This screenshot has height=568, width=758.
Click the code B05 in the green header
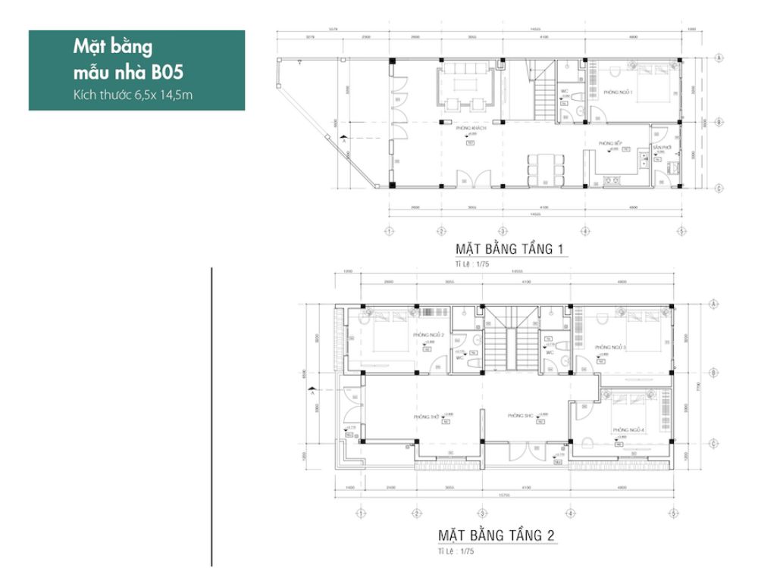click(168, 73)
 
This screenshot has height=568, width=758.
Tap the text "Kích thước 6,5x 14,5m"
click(136, 95)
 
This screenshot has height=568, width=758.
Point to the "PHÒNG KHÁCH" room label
click(471, 130)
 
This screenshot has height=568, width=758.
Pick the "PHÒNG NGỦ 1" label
click(618, 92)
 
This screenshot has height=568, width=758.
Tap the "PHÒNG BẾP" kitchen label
click(610, 142)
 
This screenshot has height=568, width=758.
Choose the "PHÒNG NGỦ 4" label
click(628, 430)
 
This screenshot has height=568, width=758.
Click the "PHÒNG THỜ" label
click(427, 417)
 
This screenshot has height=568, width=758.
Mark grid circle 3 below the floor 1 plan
click(502, 231)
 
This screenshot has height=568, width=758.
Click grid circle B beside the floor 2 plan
click(715, 373)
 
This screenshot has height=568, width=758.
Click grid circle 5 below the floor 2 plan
click(672, 513)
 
